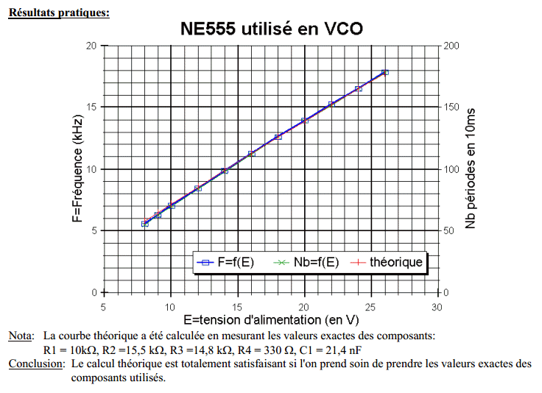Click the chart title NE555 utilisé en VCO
271,29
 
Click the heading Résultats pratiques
59,13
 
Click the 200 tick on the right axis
452,46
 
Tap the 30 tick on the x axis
437,306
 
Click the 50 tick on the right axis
449,231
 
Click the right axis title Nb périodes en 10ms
471,169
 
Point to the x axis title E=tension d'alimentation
271,320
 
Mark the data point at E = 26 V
384,72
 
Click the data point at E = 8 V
144,223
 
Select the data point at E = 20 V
304,121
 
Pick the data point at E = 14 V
225,171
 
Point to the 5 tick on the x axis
104,306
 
